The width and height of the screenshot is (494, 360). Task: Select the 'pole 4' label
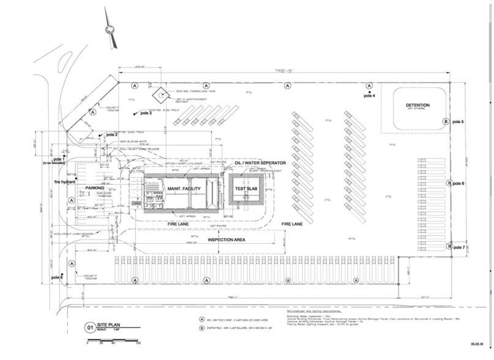click(369, 96)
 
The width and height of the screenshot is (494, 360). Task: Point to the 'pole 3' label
click(145, 113)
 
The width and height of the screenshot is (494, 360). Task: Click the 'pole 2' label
click(111, 134)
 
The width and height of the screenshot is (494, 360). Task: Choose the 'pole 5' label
click(458, 122)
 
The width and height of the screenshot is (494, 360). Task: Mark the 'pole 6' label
click(458, 184)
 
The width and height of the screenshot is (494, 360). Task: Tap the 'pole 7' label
click(458, 247)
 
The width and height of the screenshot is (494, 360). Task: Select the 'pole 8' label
click(57, 279)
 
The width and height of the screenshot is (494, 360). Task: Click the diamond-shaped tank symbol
click(160, 96)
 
